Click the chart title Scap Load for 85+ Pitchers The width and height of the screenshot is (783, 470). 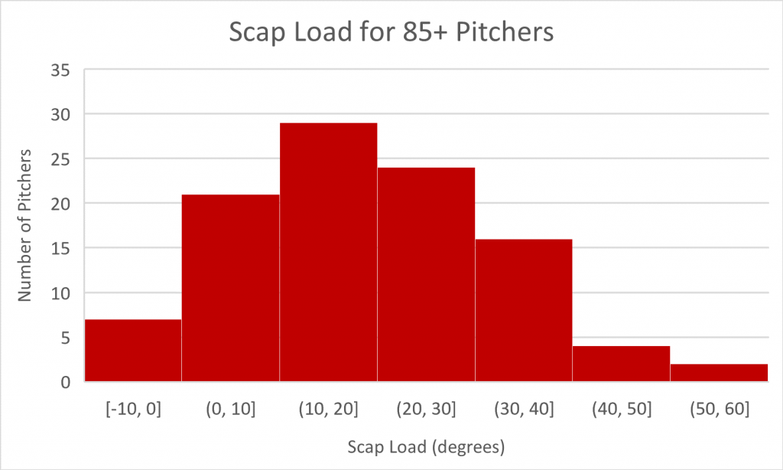click(391, 34)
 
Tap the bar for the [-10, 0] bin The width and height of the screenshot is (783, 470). click(133, 350)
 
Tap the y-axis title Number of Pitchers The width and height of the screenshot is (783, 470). click(26, 227)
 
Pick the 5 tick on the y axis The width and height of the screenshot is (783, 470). click(65, 338)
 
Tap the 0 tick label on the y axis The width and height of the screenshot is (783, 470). click(65, 382)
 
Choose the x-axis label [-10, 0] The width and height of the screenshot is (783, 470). click(133, 409)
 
